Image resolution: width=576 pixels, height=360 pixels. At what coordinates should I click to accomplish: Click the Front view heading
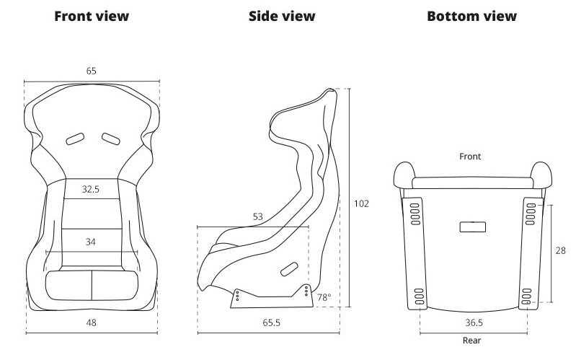92,16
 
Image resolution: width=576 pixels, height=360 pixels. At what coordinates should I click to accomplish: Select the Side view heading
282,16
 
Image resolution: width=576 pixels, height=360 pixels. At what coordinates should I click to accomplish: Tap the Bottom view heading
471,16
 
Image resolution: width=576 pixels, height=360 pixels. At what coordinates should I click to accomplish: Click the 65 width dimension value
92,71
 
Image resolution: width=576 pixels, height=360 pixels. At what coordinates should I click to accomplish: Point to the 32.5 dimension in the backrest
91,189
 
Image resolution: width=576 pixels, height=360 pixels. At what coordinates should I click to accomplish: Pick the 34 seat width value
91,242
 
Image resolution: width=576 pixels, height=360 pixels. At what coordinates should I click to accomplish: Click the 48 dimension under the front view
91,322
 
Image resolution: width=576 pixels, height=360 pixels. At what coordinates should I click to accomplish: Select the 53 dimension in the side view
258,216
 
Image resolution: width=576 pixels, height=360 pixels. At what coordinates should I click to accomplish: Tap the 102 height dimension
361,203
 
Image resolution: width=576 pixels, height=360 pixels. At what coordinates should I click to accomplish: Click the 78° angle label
324,297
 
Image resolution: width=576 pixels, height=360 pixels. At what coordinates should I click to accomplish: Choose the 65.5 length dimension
272,322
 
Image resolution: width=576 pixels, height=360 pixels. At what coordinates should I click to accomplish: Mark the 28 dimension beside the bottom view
561,250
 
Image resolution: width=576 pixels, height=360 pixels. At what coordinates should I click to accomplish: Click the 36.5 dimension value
474,322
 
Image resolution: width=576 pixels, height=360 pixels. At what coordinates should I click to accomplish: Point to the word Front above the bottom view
470,157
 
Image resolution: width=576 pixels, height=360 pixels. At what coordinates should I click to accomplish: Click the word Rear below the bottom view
471,340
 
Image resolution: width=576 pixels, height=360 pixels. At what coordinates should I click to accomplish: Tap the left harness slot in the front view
75,139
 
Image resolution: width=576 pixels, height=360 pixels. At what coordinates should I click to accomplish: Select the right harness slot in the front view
111,139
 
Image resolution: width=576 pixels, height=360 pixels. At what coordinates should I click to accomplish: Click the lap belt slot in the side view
290,269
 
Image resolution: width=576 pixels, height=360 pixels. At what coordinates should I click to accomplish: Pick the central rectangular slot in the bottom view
473,227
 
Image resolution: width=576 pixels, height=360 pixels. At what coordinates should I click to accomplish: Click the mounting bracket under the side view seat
272,297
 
